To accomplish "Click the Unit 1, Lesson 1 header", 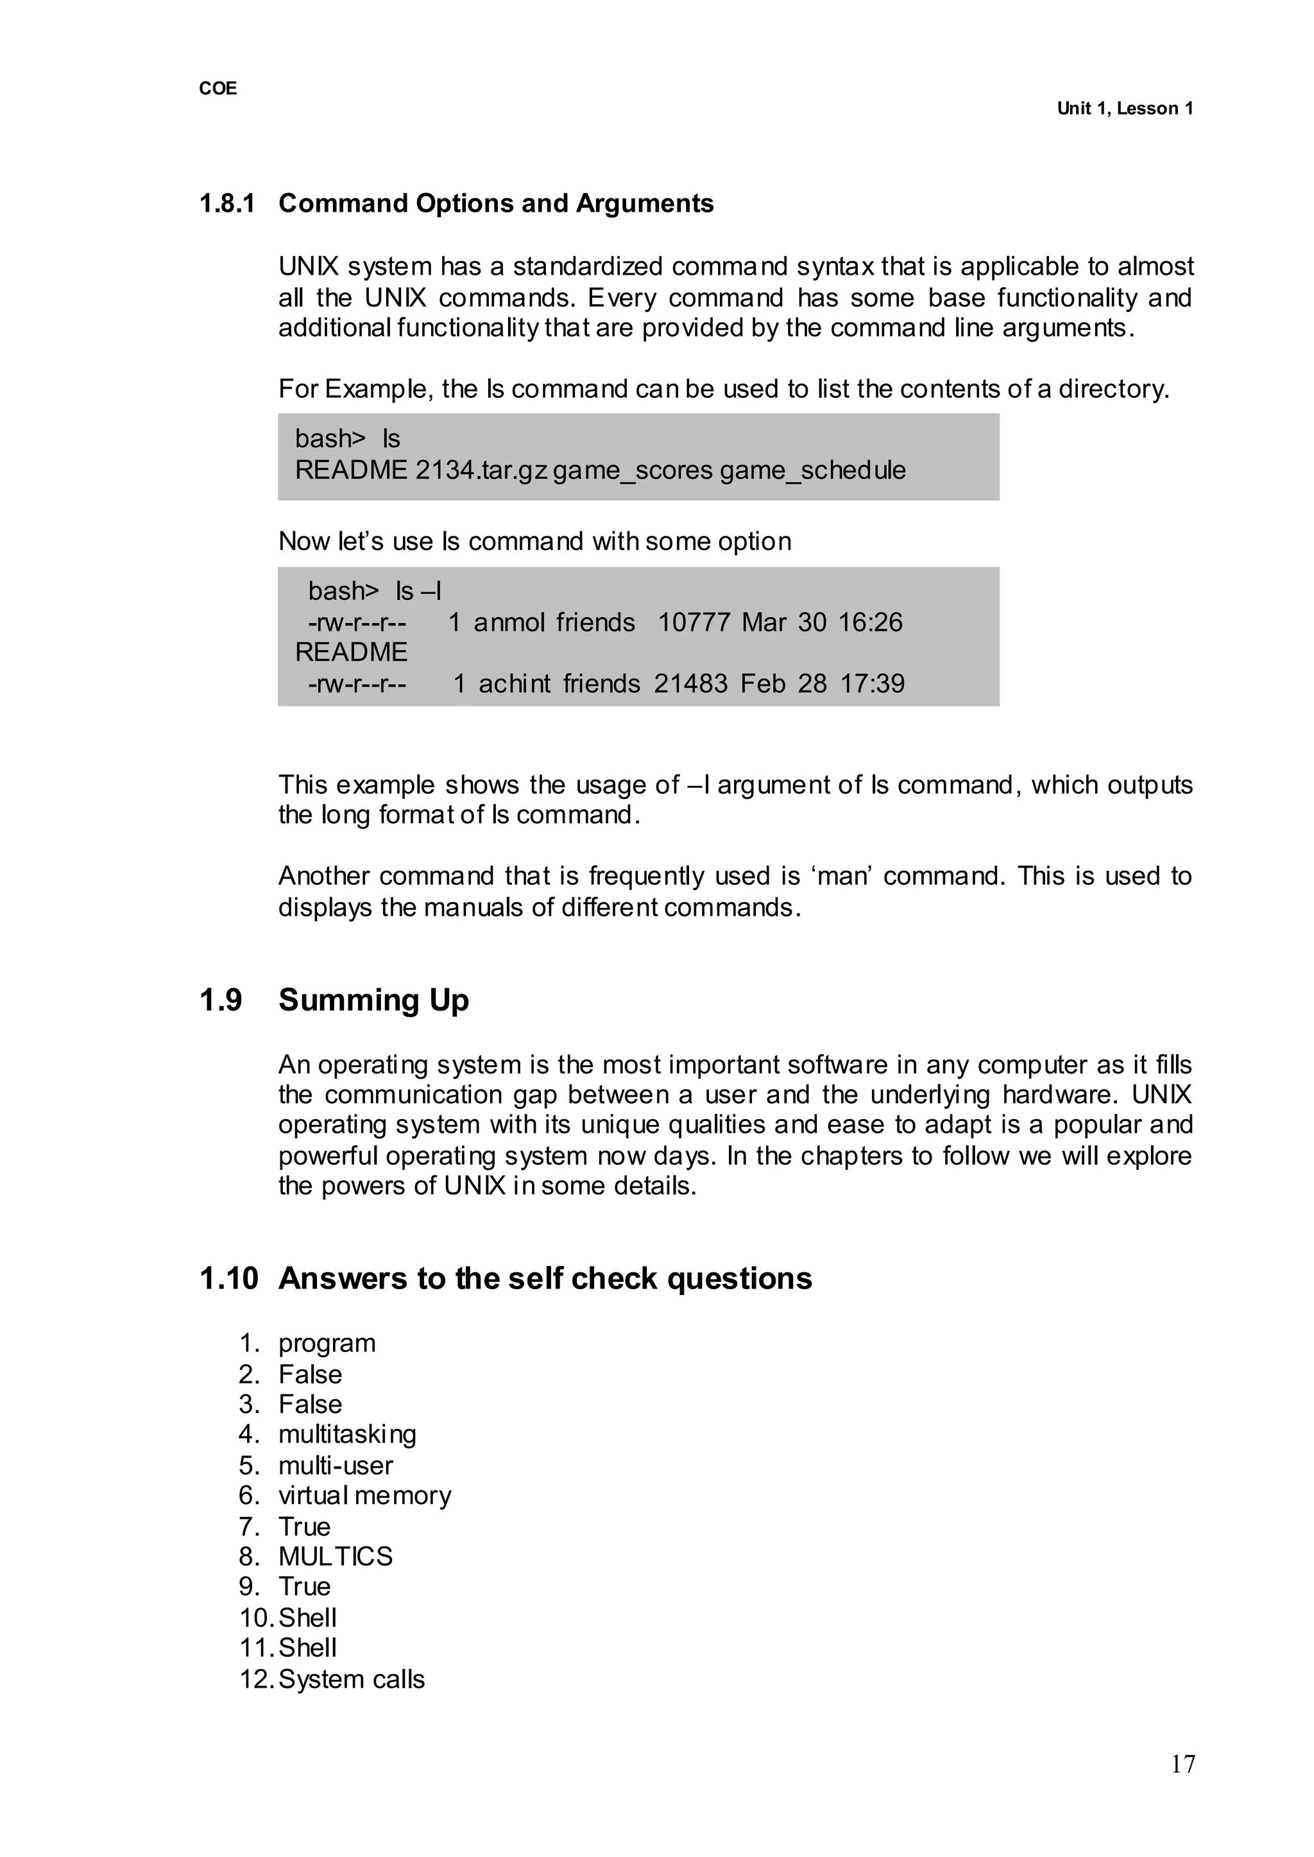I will click(1125, 109).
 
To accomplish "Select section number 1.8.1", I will click(226, 203).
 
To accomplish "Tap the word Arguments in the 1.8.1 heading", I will click(644, 203).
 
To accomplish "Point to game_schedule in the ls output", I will click(812, 470).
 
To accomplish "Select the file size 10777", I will click(694, 622).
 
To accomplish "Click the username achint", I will click(515, 684).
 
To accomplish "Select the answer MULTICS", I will click(335, 1556).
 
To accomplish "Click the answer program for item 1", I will click(327, 1343).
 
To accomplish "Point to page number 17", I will click(1182, 1786).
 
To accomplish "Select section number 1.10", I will click(228, 1278).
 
